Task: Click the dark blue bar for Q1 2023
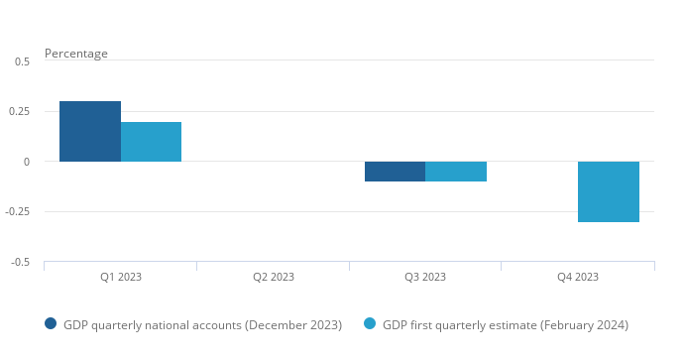pos(90,132)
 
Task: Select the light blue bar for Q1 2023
pos(151,142)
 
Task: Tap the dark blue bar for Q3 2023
pos(395,172)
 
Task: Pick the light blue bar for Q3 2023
pos(456,172)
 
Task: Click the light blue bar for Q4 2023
pos(609,191)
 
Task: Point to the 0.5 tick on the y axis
pos(22,61)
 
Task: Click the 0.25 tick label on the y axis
pos(19,111)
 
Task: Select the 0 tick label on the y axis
pos(27,162)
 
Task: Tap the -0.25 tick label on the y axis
pos(18,211)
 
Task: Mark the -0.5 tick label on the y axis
pos(21,262)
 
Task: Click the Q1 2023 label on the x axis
pos(121,277)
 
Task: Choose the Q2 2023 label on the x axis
pos(274,277)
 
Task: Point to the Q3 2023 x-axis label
pos(425,277)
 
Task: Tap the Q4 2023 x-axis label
pos(578,277)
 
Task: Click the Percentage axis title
pos(76,54)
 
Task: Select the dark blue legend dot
pos(51,323)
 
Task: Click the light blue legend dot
pos(370,323)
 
